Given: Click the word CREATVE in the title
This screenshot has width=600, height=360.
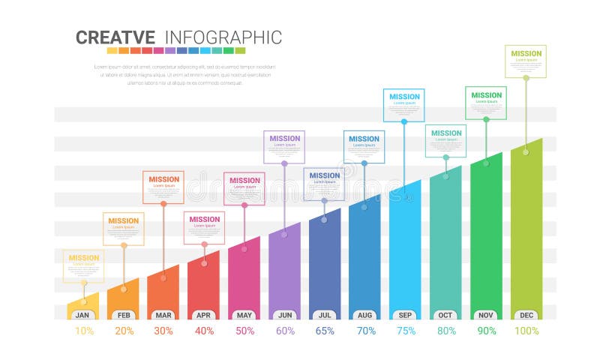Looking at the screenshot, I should pos(115,37).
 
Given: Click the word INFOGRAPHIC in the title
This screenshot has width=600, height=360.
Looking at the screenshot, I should pos(223,37).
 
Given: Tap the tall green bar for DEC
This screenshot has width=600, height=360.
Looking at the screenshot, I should pos(526,225).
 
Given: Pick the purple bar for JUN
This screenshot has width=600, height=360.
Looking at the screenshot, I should pos(284,270).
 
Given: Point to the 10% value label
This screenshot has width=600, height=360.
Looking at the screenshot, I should pos(84,331).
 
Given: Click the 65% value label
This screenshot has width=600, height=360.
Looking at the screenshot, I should pos(325,331).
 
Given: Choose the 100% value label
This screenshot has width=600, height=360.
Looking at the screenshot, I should pos(526,331).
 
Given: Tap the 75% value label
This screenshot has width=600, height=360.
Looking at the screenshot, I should pos(405,331).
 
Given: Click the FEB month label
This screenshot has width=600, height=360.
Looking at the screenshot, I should pos(124,316).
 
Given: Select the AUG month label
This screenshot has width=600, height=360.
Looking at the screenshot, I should pos(365,316).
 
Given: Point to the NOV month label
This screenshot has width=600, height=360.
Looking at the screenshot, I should pos(486,316).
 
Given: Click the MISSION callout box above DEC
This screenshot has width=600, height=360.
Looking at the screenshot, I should pos(526,61).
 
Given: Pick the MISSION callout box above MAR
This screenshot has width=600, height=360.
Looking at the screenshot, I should pos(163,187).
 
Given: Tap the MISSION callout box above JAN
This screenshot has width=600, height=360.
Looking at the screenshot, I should pos(83,265).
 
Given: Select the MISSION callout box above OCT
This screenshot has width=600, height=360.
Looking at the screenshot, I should pos(445,141).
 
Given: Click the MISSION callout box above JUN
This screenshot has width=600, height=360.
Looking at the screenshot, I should pos(284,146).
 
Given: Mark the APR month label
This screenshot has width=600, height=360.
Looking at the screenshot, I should pos(204,316).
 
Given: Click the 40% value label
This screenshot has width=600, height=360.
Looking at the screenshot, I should pos(204,331).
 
